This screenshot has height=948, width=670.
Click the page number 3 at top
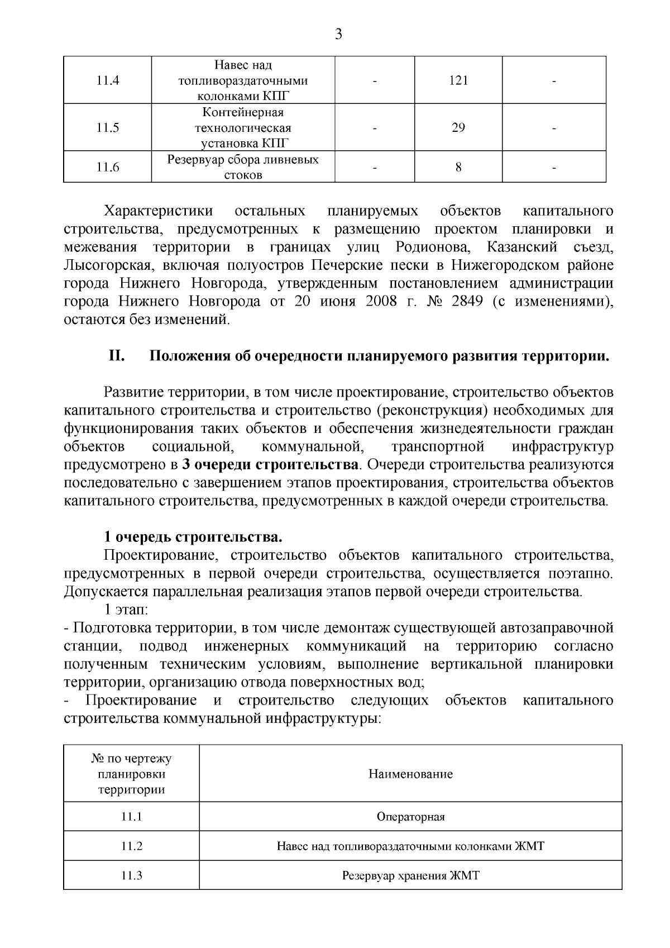click(338, 35)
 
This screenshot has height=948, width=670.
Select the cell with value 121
click(458, 80)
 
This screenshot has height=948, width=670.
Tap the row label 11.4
click(108, 80)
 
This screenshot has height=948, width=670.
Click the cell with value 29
click(458, 128)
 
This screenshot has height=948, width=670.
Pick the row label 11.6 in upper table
click(108, 167)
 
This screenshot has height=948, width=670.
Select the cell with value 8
click(458, 167)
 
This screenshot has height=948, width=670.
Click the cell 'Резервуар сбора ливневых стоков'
click(243, 167)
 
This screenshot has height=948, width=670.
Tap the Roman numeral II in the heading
click(116, 356)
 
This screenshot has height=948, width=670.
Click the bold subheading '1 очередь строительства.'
click(193, 537)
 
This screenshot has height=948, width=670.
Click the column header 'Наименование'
click(410, 774)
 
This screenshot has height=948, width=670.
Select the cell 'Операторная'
click(410, 817)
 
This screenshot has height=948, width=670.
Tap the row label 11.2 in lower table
click(132, 846)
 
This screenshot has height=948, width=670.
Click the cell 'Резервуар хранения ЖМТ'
click(410, 875)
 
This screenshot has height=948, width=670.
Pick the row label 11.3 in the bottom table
click(132, 875)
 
